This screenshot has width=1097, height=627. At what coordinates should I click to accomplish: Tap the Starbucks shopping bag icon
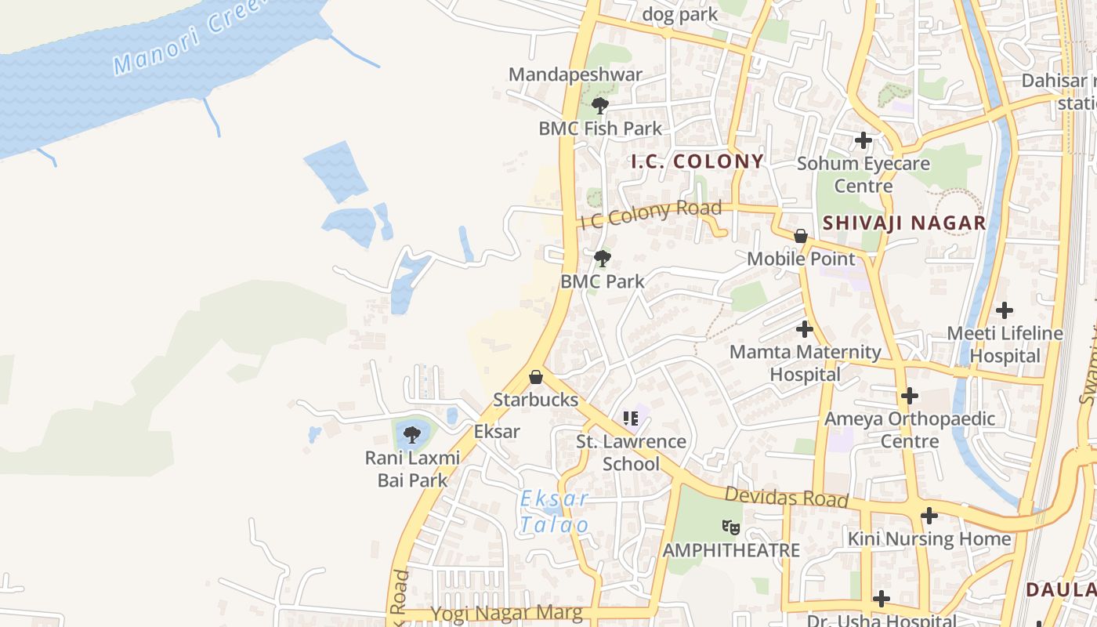click(536, 377)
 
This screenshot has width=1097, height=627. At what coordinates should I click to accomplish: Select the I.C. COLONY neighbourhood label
click(697, 161)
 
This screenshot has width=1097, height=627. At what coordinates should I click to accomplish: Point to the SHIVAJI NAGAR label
click(903, 223)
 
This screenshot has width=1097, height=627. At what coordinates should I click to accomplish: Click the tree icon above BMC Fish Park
click(600, 105)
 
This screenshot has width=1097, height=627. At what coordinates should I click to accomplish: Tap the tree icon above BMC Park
click(602, 258)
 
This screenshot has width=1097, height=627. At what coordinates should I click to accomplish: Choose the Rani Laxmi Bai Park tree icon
click(412, 434)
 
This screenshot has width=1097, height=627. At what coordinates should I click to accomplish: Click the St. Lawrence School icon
click(631, 419)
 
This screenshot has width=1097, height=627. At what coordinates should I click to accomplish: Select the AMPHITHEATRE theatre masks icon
click(731, 527)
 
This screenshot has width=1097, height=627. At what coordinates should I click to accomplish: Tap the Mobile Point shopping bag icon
click(801, 236)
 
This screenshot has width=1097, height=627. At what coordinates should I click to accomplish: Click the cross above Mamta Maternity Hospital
click(805, 329)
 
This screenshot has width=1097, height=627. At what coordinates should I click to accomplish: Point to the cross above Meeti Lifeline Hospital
click(1005, 310)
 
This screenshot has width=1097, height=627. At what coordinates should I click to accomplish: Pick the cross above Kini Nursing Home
click(929, 516)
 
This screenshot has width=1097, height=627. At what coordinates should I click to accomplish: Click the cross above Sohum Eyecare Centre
click(863, 140)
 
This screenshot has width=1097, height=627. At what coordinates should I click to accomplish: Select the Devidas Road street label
click(786, 497)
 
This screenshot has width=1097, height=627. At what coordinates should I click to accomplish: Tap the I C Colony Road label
click(650, 213)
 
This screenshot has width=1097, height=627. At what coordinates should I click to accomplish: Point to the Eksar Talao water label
click(554, 512)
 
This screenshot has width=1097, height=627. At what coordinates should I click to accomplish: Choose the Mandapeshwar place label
click(575, 74)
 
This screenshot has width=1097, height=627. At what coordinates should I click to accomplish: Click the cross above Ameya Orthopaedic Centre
click(910, 396)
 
